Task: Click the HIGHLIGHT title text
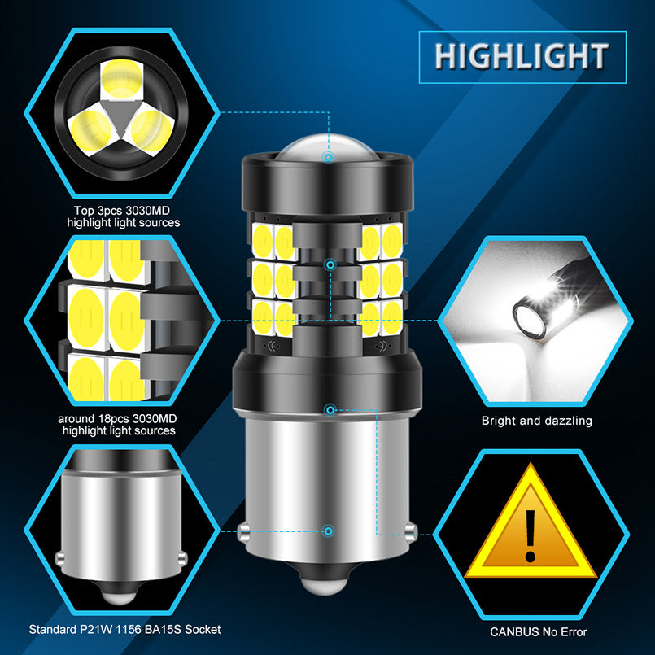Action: pyautogui.click(x=522, y=56)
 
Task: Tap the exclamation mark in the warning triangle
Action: pyautogui.click(x=530, y=535)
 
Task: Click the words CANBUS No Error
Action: pyautogui.click(x=538, y=632)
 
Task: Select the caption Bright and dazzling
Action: pyautogui.click(x=536, y=421)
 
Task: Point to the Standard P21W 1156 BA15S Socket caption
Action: pyautogui.click(x=124, y=629)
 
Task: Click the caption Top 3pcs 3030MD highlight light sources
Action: pyautogui.click(x=123, y=216)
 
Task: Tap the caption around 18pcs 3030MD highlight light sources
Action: pyautogui.click(x=117, y=425)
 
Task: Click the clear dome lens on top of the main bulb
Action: pyautogui.click(x=328, y=147)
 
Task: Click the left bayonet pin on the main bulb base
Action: pyautogui.click(x=243, y=533)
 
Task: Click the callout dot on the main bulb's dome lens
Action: pyautogui.click(x=329, y=157)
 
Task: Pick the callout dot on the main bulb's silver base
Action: pyautogui.click(x=330, y=531)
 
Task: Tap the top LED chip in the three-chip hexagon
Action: pyautogui.click(x=121, y=80)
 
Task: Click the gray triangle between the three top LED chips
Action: pyautogui.click(x=121, y=118)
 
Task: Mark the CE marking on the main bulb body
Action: pyautogui.click(x=270, y=347)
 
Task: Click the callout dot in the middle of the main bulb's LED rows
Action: pyautogui.click(x=330, y=264)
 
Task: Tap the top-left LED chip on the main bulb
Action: pyautogui.click(x=263, y=242)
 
